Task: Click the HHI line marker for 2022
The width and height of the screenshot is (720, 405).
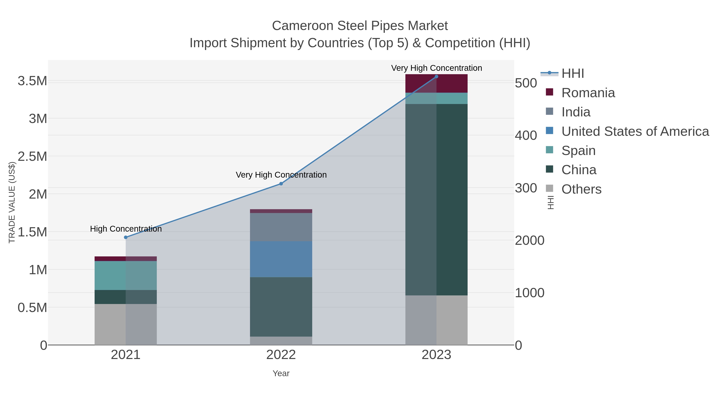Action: point(281,184)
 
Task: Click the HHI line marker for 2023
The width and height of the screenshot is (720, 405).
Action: point(436,77)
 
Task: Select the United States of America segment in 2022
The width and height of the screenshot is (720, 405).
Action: point(281,259)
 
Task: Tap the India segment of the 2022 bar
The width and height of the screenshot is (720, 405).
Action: point(281,227)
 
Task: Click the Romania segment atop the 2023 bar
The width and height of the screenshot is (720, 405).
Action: point(436,83)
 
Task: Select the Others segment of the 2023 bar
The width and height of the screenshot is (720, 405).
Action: point(436,320)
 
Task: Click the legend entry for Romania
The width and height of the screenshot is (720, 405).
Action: point(588,93)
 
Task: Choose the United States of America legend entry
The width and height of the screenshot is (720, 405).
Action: point(635,131)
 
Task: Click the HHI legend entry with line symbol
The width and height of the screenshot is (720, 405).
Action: point(572,74)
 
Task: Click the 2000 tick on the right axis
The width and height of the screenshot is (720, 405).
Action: point(529,240)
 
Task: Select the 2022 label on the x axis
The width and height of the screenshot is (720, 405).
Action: point(281,355)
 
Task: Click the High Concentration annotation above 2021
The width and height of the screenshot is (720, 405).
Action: point(126,229)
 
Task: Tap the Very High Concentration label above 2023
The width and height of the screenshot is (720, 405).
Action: point(436,68)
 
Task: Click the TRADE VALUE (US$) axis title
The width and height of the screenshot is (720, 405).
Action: point(12,202)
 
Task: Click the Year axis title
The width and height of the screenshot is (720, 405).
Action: point(281,373)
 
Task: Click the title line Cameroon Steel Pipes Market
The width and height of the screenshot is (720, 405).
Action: point(360,26)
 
